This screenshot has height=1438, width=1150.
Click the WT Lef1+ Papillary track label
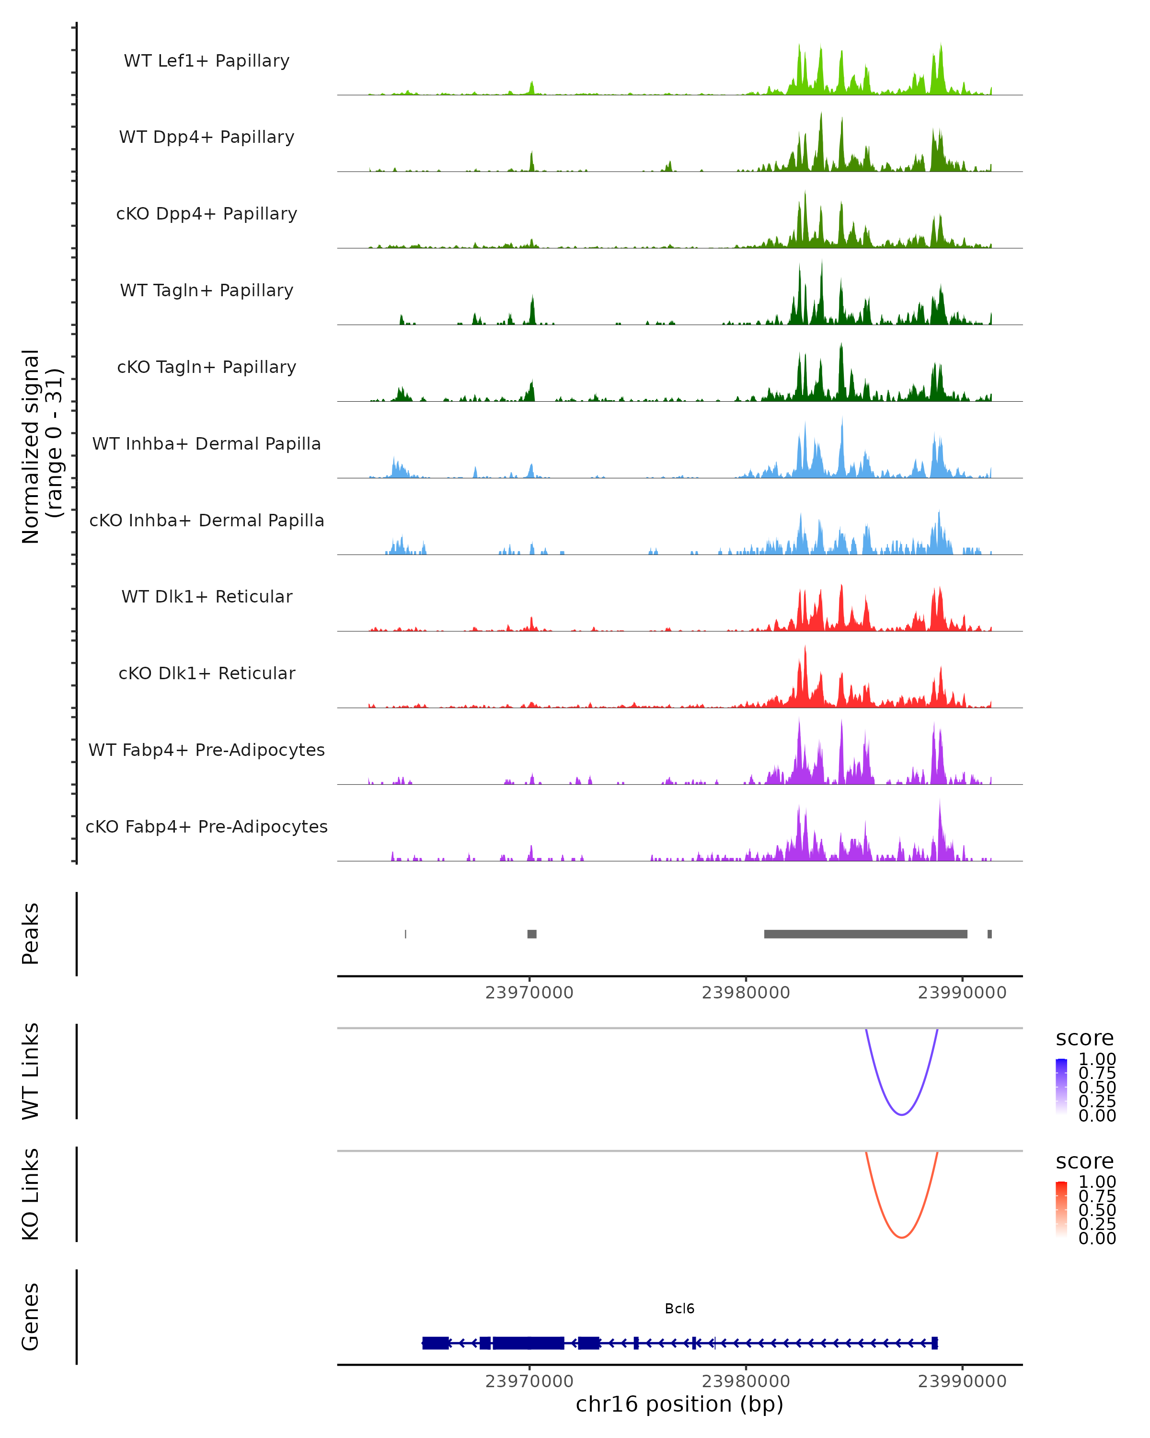pos(207,61)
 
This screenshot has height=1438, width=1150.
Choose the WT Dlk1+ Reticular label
pos(207,596)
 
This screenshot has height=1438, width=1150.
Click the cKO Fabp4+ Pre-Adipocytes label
pos(207,826)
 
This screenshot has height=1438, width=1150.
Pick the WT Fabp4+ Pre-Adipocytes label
pos(207,750)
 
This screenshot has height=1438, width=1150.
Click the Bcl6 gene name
pos(679,1309)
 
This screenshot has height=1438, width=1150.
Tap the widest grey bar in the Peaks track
pos(865,934)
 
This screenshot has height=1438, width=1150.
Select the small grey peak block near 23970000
pos(532,934)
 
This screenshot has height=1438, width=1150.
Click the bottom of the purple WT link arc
pos(901,1114)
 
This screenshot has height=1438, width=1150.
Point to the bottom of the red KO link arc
pos(901,1237)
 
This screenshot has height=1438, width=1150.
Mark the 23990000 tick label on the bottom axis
pos(962,1381)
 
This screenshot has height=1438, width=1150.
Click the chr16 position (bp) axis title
pos(679,1404)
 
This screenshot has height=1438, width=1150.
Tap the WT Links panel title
pos(31,1071)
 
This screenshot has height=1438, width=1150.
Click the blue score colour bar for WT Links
pos(1061,1086)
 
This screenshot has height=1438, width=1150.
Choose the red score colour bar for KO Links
pos(1061,1208)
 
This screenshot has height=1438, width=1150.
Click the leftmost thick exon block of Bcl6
pos(436,1343)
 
